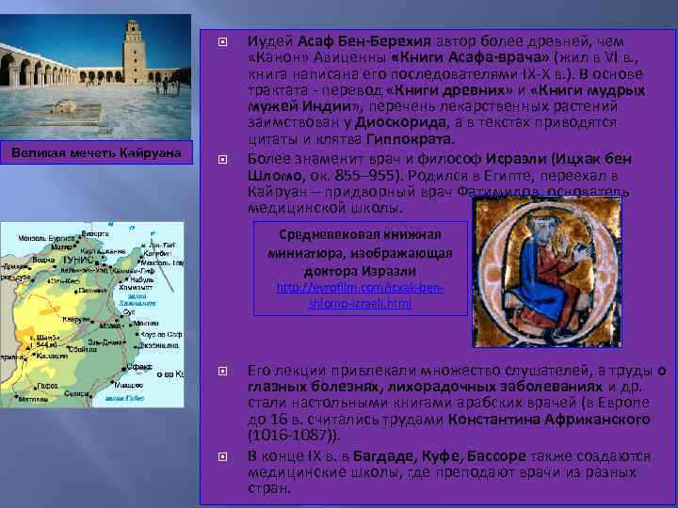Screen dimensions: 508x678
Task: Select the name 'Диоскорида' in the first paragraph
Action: click(395, 121)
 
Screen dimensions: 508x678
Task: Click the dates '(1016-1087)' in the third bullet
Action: click(291, 437)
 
